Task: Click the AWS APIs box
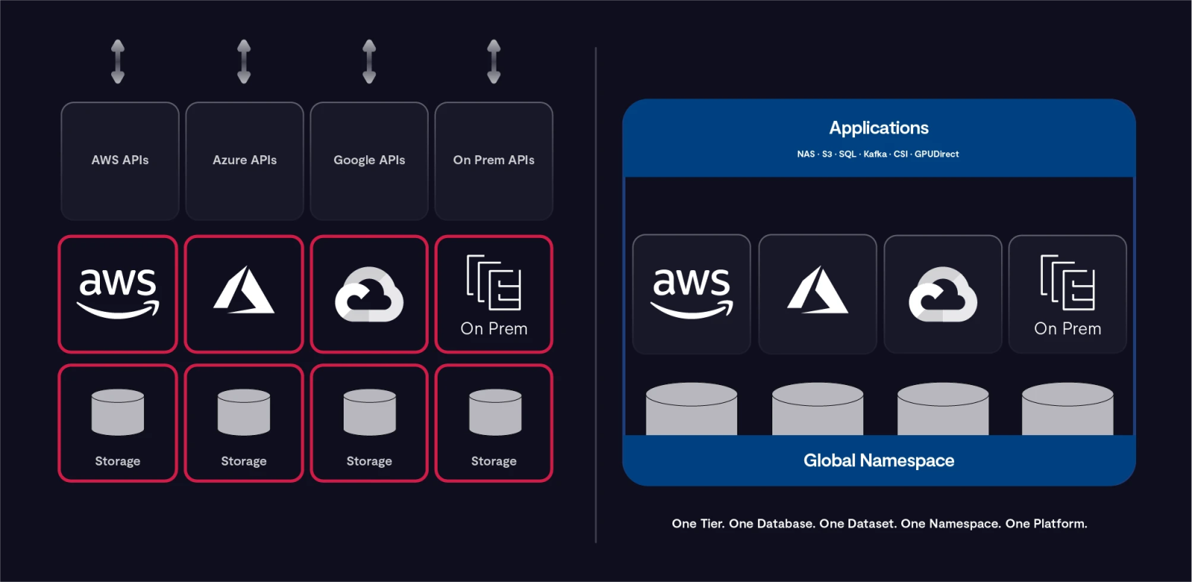(120, 160)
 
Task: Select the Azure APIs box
(245, 160)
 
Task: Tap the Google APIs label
(369, 160)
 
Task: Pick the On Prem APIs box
(493, 160)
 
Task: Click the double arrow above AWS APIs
(118, 61)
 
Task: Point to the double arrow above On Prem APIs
(493, 61)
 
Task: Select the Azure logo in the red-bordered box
(244, 291)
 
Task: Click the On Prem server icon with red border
(493, 284)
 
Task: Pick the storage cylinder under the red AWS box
(118, 412)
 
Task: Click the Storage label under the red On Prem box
(493, 461)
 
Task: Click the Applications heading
(879, 128)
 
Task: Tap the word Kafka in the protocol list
(875, 154)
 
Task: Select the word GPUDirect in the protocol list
(936, 154)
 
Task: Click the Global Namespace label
(879, 460)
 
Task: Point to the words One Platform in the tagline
(1046, 524)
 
